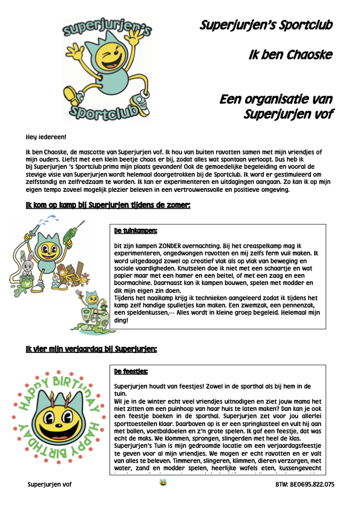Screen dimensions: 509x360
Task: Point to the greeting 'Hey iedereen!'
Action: click(x=46, y=137)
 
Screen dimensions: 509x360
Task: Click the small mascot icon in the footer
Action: click(x=163, y=483)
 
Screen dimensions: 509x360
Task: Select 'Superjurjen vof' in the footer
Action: click(x=50, y=484)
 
